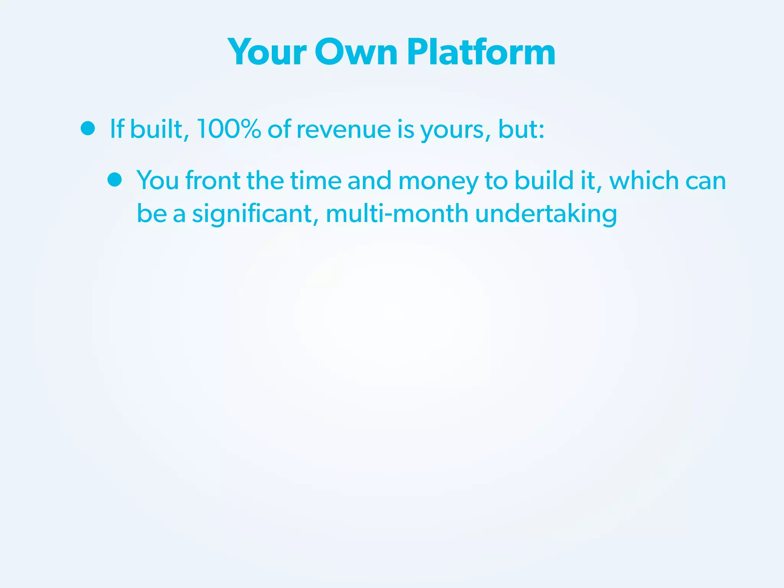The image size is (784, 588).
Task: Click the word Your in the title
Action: tap(267, 52)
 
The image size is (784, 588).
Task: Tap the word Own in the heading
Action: tap(356, 52)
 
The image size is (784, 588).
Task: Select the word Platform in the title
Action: tap(481, 52)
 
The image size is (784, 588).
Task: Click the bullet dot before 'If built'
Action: tap(88, 129)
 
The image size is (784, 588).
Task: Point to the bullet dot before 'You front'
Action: tap(114, 180)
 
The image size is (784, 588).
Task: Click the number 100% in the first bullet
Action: tap(229, 129)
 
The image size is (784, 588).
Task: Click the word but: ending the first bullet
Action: tap(521, 129)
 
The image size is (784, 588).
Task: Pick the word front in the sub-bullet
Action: tap(212, 180)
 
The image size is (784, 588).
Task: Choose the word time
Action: tap(316, 180)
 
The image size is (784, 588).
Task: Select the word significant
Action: tap(252, 214)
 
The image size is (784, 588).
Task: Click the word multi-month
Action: tap(397, 214)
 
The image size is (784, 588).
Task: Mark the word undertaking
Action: tap(546, 214)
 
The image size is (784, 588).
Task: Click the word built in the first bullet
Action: tap(156, 129)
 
